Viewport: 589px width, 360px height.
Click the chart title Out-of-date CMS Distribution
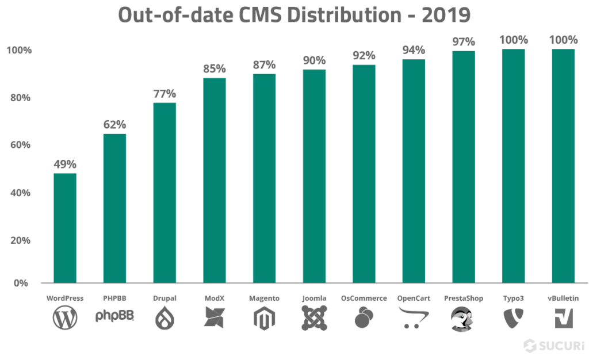[x=294, y=14]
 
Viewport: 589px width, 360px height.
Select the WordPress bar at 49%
[x=65, y=227]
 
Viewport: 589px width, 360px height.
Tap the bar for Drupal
[x=165, y=193]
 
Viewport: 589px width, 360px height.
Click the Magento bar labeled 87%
[x=264, y=178]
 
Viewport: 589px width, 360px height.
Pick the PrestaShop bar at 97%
[x=463, y=167]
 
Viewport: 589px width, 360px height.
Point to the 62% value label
[x=114, y=124]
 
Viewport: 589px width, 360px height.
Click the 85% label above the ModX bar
[x=214, y=69]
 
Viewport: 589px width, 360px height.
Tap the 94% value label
[x=414, y=50]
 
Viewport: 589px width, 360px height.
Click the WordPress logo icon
[x=64, y=318]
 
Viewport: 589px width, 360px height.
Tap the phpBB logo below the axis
[x=114, y=316]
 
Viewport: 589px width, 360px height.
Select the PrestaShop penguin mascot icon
[x=463, y=318]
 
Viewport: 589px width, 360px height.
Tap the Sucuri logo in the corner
[x=553, y=346]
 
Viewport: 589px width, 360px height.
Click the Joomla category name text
[x=313, y=298]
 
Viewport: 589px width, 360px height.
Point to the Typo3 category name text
[x=512, y=298]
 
